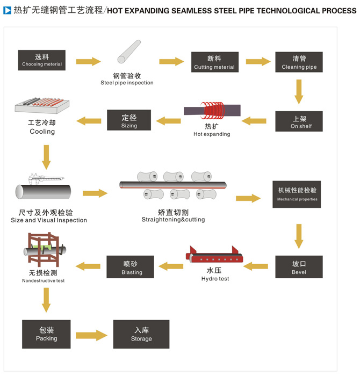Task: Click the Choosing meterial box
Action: [x=42, y=60]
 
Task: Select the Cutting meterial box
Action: [x=214, y=62]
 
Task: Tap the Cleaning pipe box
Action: [x=299, y=62]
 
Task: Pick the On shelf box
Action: [x=299, y=121]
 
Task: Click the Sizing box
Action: [x=129, y=120]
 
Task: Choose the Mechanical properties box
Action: [x=297, y=194]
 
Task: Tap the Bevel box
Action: [x=299, y=267]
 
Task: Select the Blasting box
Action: [x=131, y=267]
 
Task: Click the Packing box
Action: [x=46, y=334]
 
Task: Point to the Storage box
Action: [x=141, y=334]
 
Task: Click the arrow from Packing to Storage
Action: [x=92, y=335]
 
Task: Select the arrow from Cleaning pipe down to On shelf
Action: [x=299, y=91]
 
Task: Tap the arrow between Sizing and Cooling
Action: [x=89, y=121]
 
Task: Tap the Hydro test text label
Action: [x=215, y=279]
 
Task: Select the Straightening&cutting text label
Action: [x=173, y=220]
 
